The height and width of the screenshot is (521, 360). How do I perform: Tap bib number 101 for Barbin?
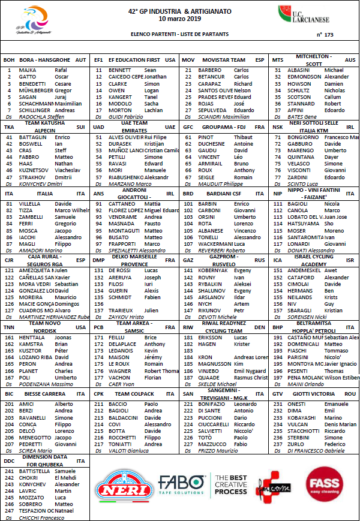click(188, 204)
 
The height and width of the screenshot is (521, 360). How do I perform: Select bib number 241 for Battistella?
click(10, 471)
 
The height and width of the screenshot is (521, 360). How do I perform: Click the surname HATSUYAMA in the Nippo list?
click(304, 224)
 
